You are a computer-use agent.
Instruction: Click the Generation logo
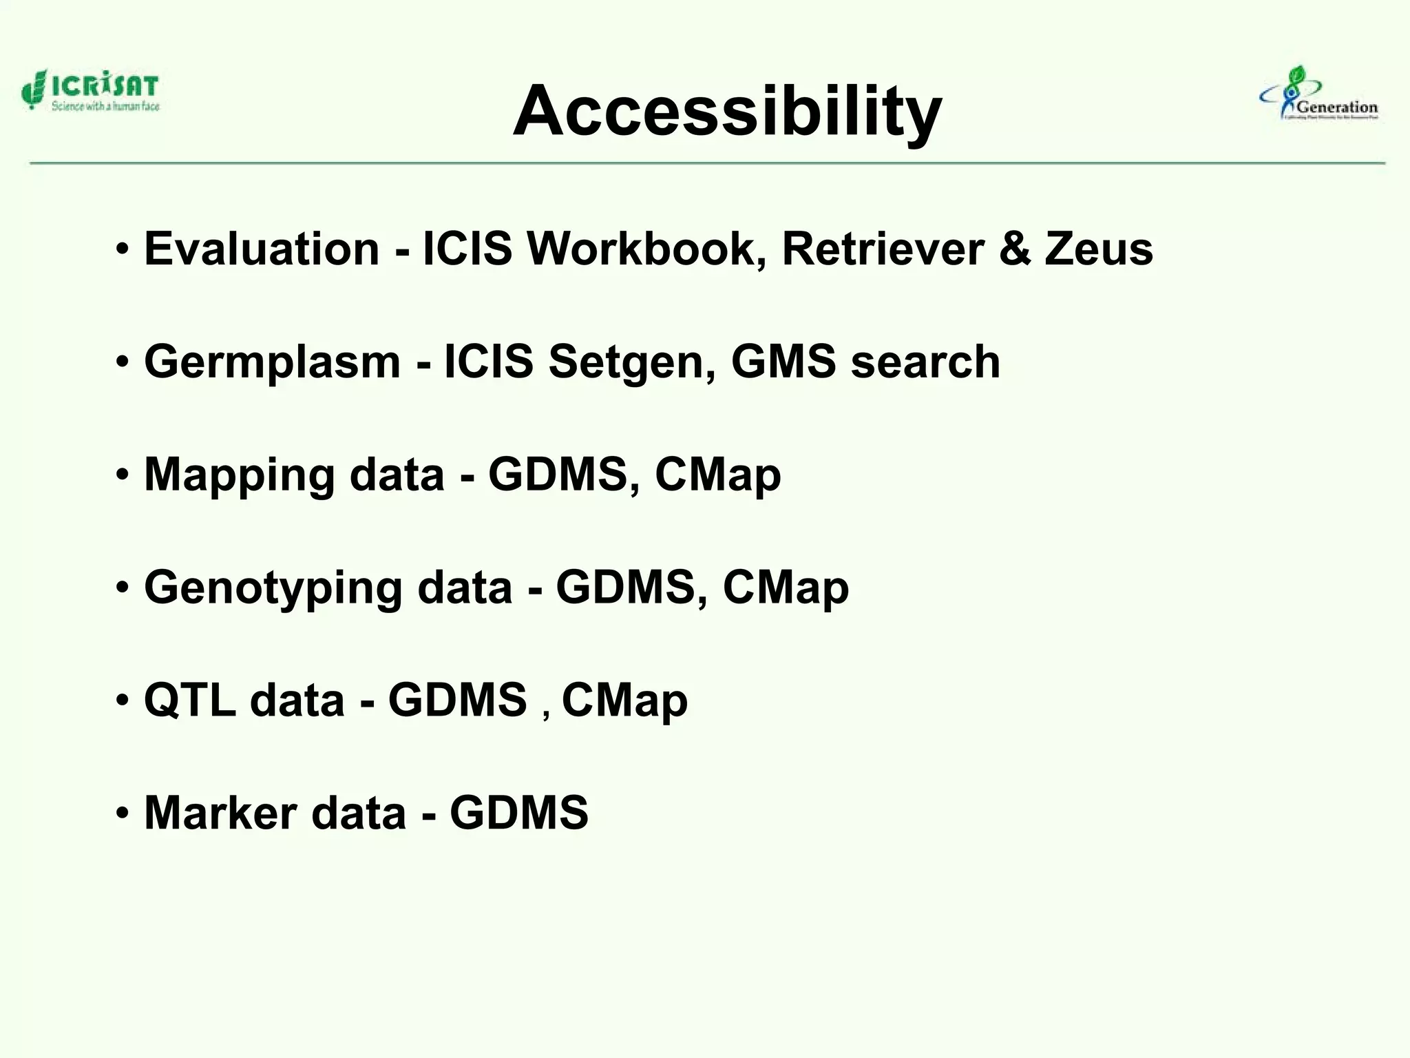[x=1320, y=95]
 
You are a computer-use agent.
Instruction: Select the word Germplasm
[x=272, y=362]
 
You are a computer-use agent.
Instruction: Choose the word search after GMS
[x=925, y=362]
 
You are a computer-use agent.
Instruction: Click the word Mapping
[x=239, y=476]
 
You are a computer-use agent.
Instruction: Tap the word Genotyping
[x=273, y=589]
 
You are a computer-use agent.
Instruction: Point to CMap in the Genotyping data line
[x=786, y=588]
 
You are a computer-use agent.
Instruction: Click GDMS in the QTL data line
[x=457, y=701]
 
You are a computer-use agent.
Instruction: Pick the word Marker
[x=220, y=813]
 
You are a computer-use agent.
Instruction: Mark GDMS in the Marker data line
[x=519, y=813]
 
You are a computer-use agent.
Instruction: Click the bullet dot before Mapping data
[x=123, y=475]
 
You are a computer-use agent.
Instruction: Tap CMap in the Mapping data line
[x=717, y=475]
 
